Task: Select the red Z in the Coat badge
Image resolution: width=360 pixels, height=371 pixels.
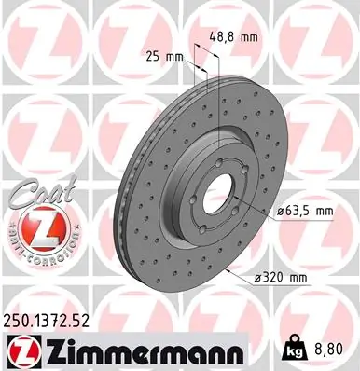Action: [x=36, y=228]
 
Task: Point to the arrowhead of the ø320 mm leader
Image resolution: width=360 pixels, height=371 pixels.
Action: [x=230, y=268]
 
